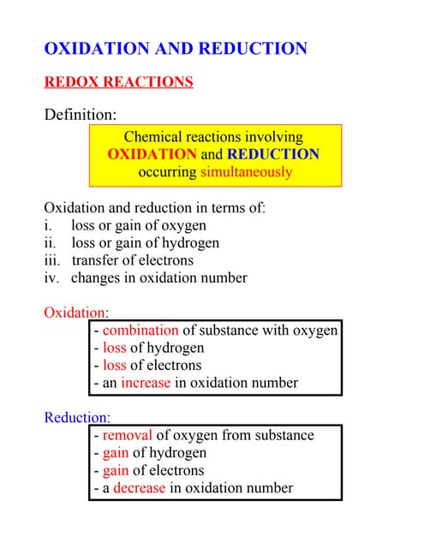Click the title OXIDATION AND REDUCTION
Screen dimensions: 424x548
tap(175, 49)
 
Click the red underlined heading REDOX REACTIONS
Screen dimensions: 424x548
tap(118, 82)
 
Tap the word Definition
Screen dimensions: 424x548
tap(80, 114)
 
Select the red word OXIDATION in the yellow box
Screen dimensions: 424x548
tap(152, 154)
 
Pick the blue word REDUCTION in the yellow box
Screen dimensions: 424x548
tap(272, 154)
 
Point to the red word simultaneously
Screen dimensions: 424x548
tap(246, 172)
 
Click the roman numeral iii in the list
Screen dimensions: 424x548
tap(51, 260)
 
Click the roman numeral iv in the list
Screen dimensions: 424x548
tap(51, 277)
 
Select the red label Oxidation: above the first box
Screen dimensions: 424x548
tap(75, 313)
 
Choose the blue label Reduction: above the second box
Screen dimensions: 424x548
tap(77, 418)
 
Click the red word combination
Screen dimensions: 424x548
tap(140, 331)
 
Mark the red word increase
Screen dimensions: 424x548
tap(145, 383)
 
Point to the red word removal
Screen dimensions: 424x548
tap(128, 436)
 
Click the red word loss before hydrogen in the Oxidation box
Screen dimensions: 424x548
tap(114, 348)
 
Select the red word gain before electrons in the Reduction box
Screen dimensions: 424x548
tap(115, 471)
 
